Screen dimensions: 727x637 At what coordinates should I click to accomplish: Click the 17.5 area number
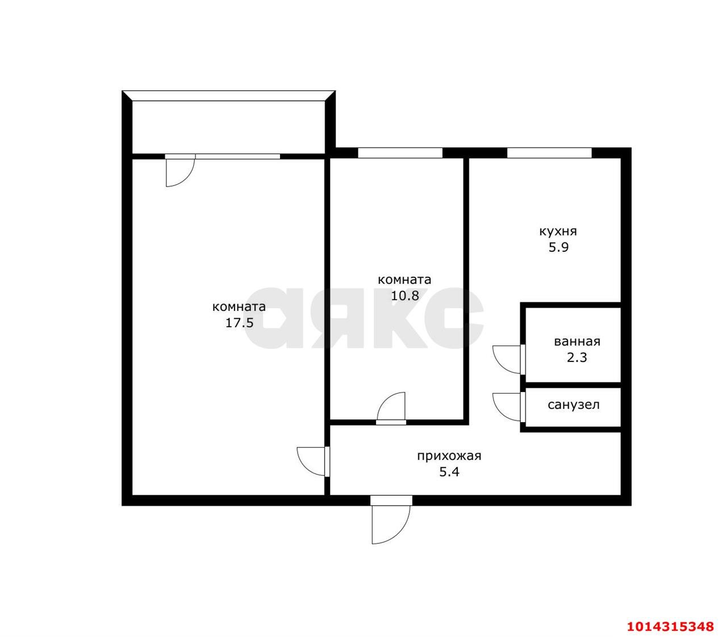239,323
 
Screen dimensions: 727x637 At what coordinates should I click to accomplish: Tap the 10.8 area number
404,296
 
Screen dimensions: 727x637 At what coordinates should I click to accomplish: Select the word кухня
558,231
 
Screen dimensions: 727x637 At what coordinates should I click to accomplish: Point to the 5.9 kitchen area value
558,248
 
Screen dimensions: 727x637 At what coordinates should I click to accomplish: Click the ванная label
577,341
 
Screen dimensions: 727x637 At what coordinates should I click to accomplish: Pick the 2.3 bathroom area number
577,357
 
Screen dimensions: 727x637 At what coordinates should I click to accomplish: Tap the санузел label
574,405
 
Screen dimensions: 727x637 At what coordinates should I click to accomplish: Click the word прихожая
449,456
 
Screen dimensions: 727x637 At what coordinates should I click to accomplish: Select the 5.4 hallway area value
449,472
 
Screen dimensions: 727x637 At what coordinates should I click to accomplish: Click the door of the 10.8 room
391,408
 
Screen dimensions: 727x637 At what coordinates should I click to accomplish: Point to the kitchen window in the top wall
549,153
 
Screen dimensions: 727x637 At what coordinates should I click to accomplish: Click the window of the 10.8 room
400,153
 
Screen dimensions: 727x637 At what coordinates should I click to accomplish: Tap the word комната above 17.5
239,307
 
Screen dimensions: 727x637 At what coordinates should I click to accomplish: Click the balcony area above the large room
228,127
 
